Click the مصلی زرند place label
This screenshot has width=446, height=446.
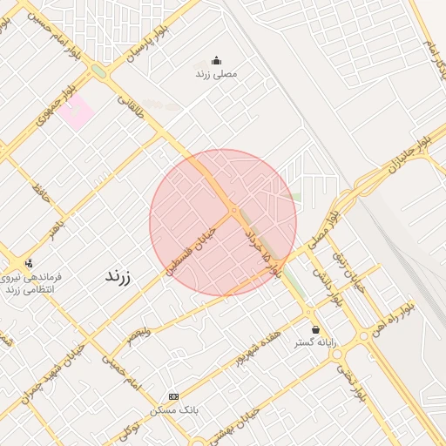216,74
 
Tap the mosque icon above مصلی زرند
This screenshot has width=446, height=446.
216,60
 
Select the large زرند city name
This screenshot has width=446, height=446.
118,276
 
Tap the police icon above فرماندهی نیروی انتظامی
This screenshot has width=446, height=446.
29,262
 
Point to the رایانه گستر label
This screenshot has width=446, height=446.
314,343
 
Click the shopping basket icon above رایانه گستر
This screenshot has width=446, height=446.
314,330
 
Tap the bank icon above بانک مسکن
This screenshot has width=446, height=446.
172,395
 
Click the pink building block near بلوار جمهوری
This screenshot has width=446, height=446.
77,112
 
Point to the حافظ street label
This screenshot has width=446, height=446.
40,187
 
